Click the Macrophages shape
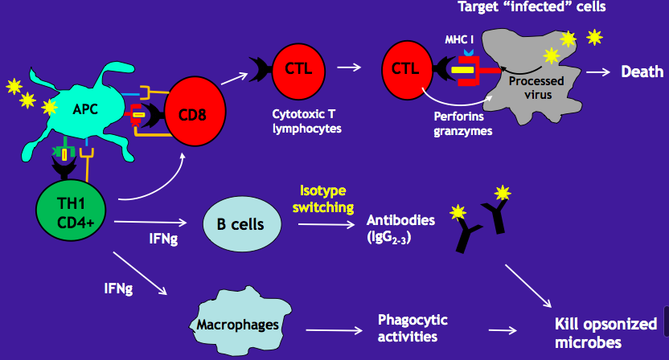pyautogui.click(x=238, y=325)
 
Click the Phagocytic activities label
pyautogui.click(x=412, y=328)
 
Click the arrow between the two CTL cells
pyautogui.click(x=348, y=67)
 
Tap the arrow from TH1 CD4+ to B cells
pyautogui.click(x=152, y=223)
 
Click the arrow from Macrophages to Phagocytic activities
pyautogui.click(x=331, y=328)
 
